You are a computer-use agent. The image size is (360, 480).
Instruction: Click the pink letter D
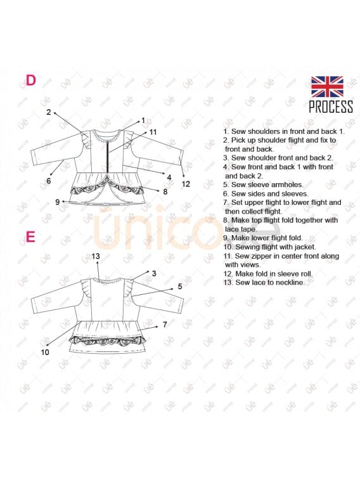pos(30,80)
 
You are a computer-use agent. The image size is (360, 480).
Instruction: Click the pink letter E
pos(30,237)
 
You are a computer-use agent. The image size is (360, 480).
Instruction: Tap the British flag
pos(327,87)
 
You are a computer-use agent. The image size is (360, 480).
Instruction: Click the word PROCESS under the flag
pos(331,107)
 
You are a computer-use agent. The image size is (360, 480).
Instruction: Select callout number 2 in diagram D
pos(49,112)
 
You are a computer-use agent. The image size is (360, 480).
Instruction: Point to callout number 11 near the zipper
pos(153,132)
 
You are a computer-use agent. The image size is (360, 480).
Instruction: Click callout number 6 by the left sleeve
pos(49,181)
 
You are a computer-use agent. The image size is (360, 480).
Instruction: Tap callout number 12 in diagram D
pos(186,184)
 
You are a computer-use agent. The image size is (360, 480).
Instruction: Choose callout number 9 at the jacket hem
pos(57,202)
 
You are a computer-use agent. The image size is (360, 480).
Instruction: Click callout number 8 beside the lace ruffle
pos(165,191)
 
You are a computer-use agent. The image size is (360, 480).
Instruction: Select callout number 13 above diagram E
pos(96,256)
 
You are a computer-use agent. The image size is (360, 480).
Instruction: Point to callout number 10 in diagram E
pos(45,353)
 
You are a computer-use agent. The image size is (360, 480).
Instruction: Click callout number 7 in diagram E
pos(165,325)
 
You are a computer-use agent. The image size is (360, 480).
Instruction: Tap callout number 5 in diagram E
pos(180,287)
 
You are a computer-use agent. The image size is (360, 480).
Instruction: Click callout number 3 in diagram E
pos(154,273)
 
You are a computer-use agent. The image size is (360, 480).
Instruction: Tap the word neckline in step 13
pos(289,282)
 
